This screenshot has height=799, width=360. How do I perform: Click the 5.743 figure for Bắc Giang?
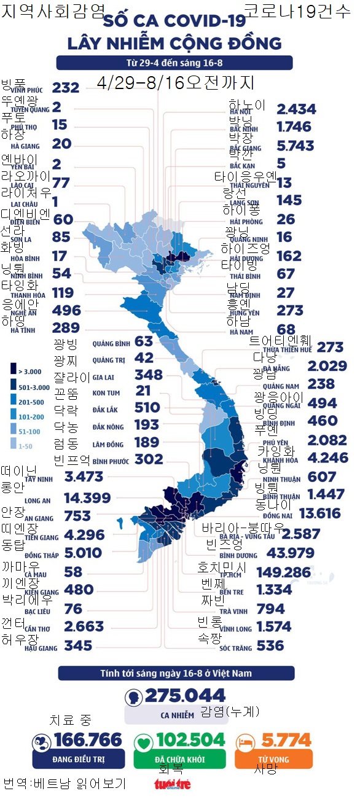pos(295,146)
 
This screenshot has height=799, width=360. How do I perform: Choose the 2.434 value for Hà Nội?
pos(296,109)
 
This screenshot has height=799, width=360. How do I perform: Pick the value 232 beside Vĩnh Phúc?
pos(66,88)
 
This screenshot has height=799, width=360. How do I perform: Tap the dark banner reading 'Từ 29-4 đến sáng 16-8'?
pos(174,63)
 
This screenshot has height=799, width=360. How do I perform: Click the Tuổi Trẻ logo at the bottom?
pos(172,784)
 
